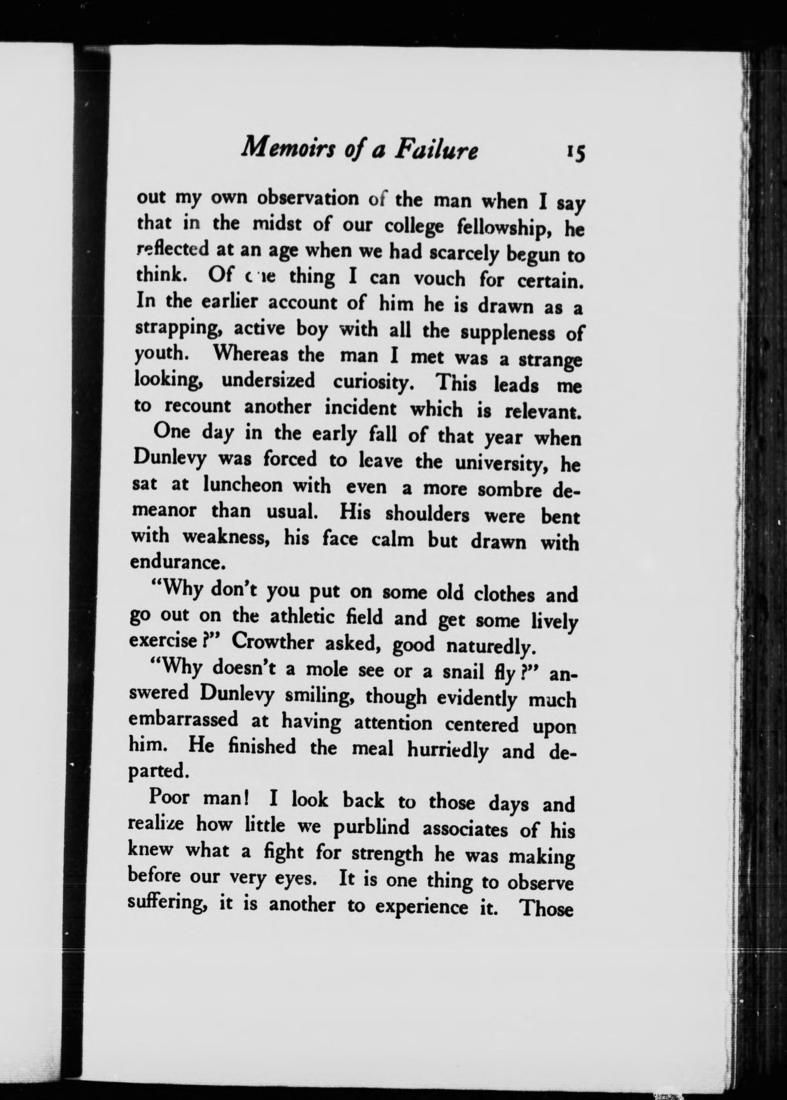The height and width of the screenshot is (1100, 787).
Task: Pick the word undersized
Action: click(268, 381)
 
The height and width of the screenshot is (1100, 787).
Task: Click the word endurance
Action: click(176, 562)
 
